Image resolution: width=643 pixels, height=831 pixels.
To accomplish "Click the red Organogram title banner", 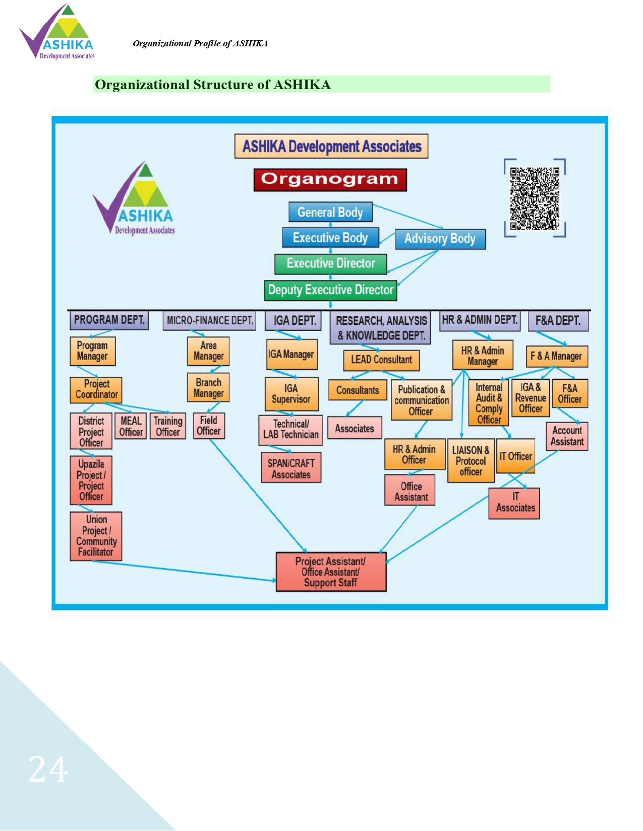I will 330,180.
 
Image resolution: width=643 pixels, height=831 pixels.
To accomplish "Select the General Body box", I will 330,212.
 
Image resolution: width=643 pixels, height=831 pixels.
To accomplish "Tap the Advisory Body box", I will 440,239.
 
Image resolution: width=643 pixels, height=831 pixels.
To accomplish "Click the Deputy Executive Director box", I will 330,290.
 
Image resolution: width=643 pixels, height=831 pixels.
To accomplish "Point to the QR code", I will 535,198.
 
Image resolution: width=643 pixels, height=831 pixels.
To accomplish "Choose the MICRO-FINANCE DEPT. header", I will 210,321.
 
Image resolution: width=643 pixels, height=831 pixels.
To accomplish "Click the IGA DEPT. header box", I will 295,321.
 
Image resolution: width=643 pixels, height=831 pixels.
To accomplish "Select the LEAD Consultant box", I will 381,360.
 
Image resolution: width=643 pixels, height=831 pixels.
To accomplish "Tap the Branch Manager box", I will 208,388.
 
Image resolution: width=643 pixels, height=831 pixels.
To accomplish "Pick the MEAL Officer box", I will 131,426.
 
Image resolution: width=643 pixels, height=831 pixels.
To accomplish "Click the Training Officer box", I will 168,426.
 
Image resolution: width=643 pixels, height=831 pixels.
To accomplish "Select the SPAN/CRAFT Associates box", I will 291,468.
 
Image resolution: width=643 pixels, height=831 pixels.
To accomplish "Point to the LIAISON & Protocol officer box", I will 471,461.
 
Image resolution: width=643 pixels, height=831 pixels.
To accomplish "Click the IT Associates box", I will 515,503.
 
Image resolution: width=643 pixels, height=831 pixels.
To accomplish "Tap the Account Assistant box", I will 567,436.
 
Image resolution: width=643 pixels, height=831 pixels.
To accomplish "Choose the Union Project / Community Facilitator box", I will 96,536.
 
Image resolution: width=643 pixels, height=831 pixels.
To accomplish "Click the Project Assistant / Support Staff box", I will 331,572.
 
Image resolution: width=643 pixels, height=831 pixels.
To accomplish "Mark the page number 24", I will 48,770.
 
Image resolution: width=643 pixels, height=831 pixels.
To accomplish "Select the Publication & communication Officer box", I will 422,400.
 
